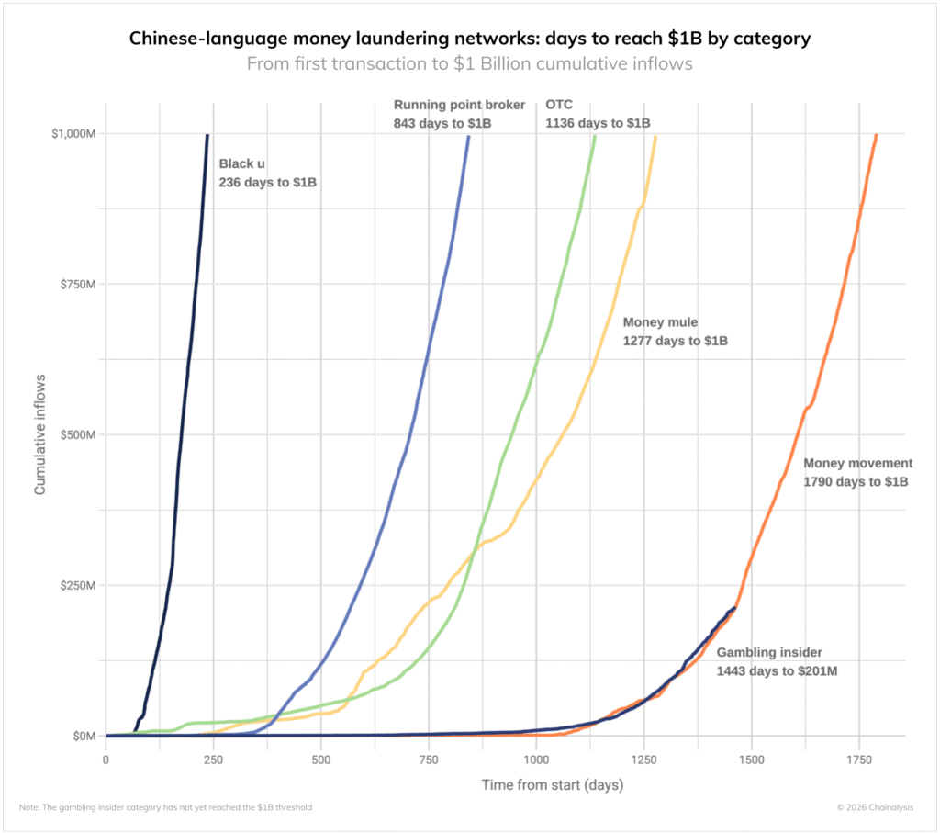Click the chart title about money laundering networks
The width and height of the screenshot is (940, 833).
[469, 39]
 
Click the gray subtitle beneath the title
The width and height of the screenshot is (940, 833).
[469, 64]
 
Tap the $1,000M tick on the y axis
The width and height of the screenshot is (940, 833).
[73, 133]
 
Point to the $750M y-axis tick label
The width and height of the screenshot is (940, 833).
[76, 284]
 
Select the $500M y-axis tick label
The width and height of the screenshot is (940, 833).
[76, 434]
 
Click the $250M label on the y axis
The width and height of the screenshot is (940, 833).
[76, 585]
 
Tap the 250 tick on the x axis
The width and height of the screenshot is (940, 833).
[213, 760]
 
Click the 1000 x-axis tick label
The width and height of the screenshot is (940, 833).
[536, 760]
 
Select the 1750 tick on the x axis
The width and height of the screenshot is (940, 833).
[859, 760]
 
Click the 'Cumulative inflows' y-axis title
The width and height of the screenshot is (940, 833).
[40, 434]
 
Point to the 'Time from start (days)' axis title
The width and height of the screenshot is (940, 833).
[552, 785]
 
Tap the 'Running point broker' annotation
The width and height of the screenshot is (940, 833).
[459, 113]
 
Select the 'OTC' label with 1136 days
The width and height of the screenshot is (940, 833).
[598, 113]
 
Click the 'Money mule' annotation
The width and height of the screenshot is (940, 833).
[675, 332]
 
